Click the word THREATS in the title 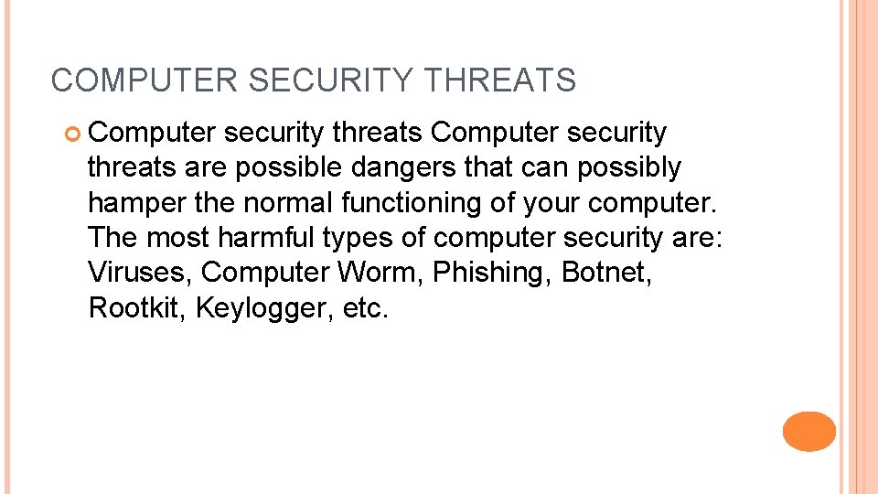(500, 81)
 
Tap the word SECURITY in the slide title (330, 81)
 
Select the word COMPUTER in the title (145, 81)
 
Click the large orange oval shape (809, 431)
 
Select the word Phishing (492, 272)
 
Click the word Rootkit (137, 307)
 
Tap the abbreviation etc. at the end (366, 307)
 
